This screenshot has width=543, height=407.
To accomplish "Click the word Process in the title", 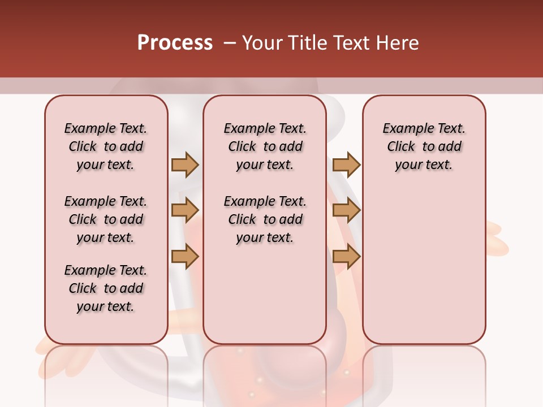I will coord(175,43).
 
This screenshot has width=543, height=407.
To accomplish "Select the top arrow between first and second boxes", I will coord(184,164).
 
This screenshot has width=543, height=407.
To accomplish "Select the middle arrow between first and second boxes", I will coord(184,210).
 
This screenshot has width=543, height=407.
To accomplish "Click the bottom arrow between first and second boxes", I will coord(184,256).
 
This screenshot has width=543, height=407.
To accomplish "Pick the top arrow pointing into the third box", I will coord(346,164).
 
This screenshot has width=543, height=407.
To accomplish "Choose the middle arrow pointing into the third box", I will coord(346,210).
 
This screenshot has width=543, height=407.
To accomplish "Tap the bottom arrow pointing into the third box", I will coord(346,256).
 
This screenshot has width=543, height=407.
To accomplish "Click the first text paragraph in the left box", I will coord(106,146).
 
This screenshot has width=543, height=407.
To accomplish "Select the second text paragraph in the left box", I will coord(106,219).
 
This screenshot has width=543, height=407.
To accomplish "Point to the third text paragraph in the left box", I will coord(106,288).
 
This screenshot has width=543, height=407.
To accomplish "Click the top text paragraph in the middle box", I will coord(265,146).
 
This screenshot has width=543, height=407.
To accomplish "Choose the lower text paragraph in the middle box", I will coord(265,219).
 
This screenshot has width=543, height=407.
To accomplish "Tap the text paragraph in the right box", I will coord(424,146).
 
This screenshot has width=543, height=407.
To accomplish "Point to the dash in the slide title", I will coord(230,43).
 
